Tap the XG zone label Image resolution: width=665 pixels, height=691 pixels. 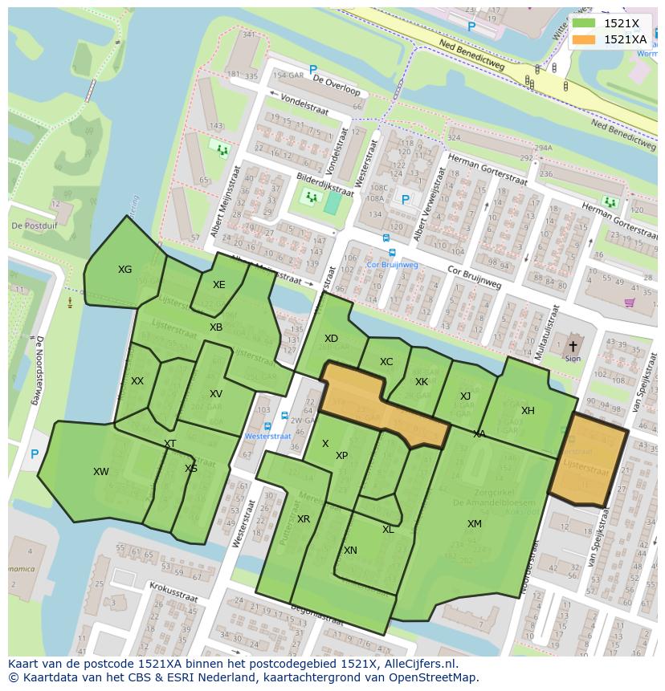click(124, 270)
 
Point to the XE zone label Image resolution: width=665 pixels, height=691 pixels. click(218, 285)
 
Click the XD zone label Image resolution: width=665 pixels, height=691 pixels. click(331, 339)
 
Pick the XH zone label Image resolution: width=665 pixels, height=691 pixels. click(528, 411)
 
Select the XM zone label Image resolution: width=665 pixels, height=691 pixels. click(475, 524)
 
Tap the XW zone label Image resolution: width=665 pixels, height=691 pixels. click(100, 472)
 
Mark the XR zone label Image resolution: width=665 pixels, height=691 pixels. click(303, 519)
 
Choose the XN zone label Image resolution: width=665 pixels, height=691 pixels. click(350, 551)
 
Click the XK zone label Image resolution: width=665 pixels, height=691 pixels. click(422, 382)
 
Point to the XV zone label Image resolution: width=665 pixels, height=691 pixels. click(215, 394)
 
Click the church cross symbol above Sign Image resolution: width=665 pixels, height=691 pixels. click(573, 346)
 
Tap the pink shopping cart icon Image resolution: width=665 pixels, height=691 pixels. click(629, 303)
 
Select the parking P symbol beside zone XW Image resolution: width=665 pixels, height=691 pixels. click(35, 454)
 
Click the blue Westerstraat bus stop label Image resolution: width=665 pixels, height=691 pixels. click(267, 437)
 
